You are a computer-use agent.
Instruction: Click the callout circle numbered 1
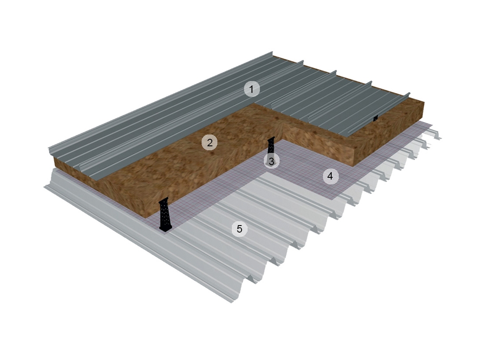pos(252,89)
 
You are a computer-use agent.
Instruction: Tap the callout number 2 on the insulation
pos(209,142)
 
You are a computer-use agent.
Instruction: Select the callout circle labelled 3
pos(271,161)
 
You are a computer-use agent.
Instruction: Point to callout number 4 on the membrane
pos(330,176)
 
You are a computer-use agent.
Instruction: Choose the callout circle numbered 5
pos(239,229)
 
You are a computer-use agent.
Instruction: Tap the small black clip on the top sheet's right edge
pos(375,118)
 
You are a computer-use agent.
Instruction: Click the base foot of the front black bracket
pos(166,228)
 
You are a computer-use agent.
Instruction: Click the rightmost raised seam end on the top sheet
pos(408,94)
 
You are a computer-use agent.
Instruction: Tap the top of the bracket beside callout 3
pos(271,138)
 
